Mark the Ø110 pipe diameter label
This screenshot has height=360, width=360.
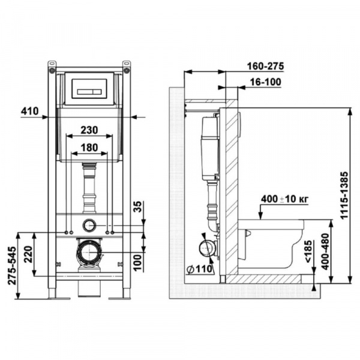point(198,269)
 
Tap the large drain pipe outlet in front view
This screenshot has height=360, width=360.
point(89,252)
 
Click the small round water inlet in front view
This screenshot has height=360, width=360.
point(89,226)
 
